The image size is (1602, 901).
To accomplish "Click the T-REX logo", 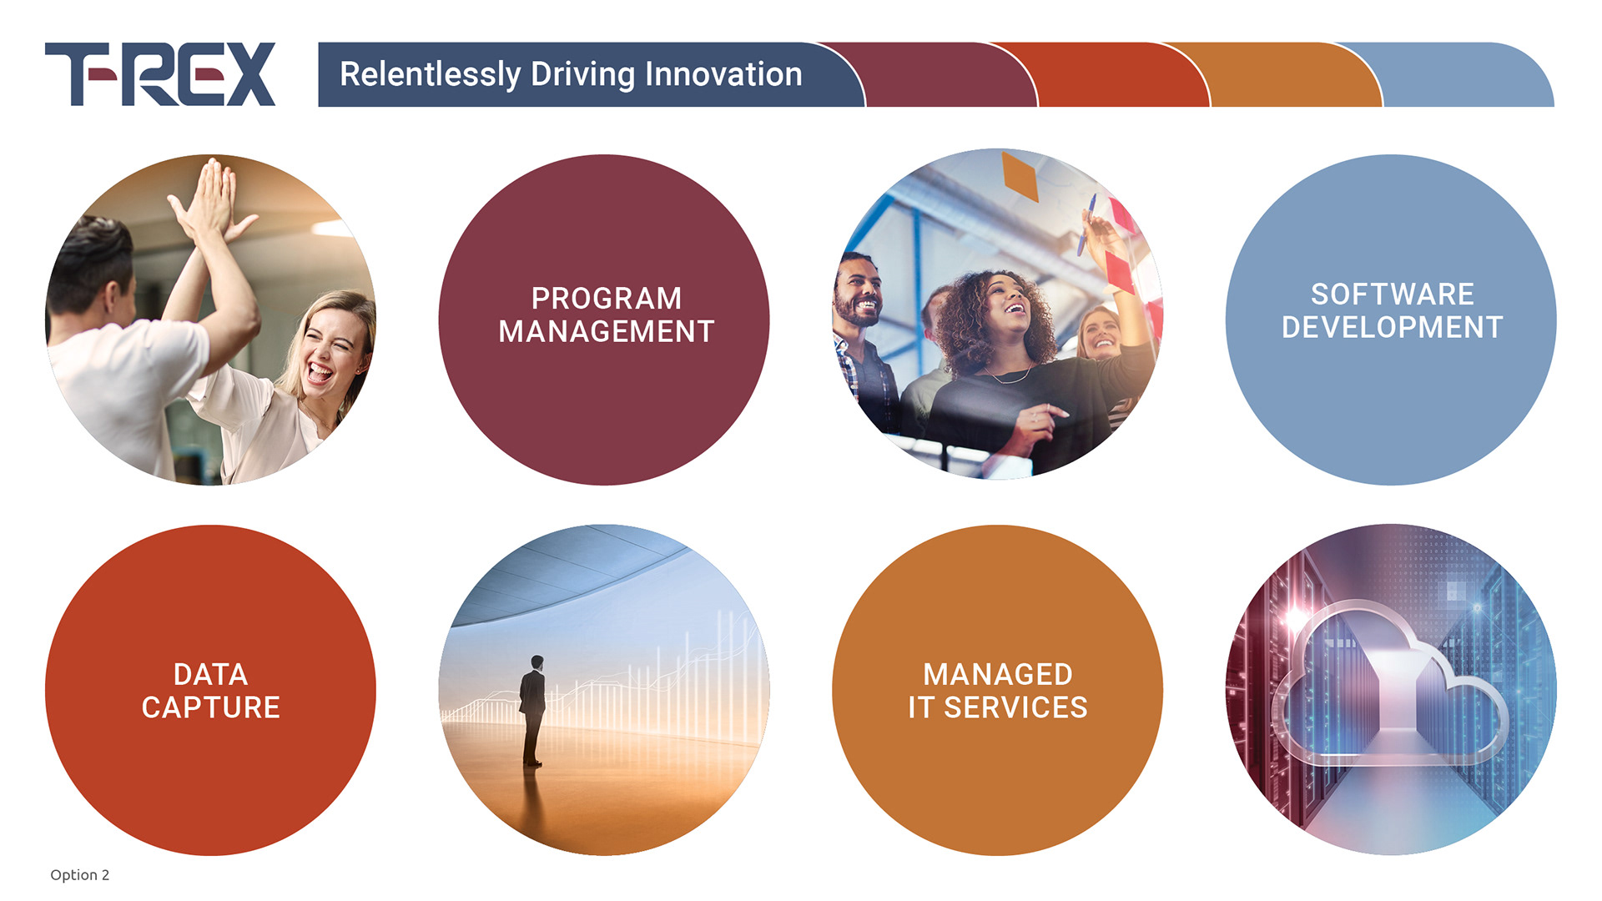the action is pos(160,74).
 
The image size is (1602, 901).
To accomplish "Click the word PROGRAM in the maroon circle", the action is pos(607,298).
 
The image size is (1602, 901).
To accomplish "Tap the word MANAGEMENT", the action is pos(607,331).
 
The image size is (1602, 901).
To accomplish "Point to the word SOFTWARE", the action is pos(1393,294).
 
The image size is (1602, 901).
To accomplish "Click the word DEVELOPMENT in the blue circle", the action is pos(1393,327).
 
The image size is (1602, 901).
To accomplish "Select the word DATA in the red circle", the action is pos(210,674).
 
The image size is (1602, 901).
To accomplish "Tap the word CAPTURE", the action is pos(210,707).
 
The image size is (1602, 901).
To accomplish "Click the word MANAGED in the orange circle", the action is pos(998,674).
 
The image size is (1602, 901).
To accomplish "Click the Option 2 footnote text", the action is pos(79,874).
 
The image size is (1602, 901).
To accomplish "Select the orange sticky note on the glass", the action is pos(1020,176).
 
